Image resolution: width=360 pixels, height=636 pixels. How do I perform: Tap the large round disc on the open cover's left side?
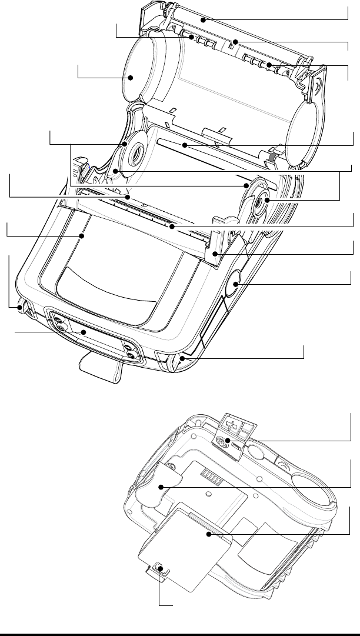(132, 76)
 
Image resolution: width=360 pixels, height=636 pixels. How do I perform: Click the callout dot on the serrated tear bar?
(171, 225)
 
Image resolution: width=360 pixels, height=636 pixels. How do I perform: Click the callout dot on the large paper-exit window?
(82, 237)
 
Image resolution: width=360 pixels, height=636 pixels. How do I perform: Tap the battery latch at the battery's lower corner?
(159, 570)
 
